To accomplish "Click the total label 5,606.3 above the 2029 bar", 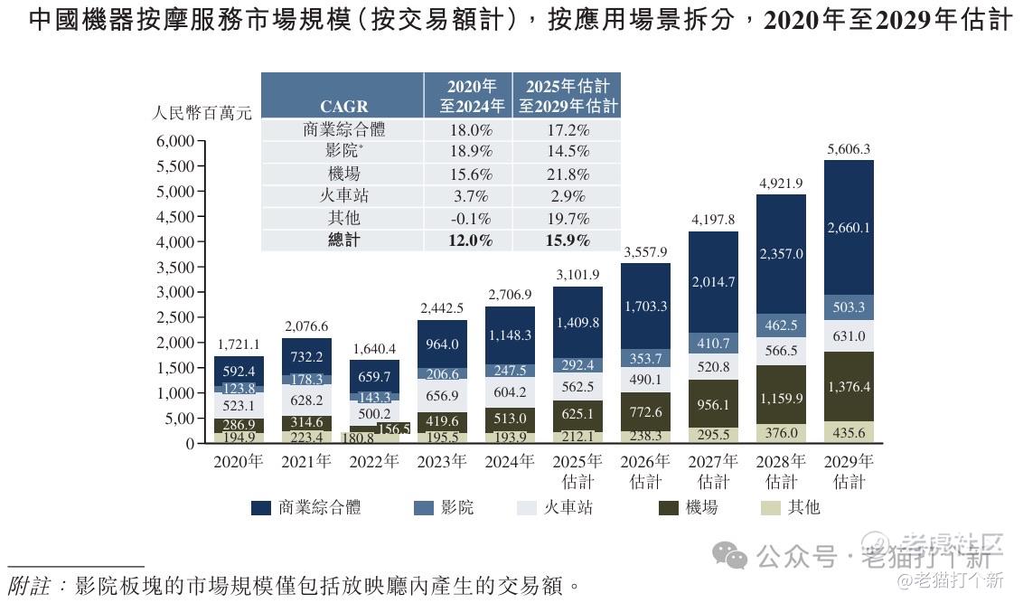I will [x=849, y=149].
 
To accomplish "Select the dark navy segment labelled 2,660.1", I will [x=849, y=228].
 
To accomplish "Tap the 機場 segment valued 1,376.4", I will [x=849, y=386].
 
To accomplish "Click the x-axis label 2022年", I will [x=374, y=462].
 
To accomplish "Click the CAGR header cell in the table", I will [x=343, y=107].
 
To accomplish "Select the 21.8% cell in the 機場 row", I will [x=568, y=174].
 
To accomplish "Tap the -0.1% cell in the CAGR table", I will [x=468, y=219].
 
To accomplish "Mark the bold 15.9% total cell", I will [x=568, y=240].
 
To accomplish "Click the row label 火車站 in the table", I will [x=343, y=196].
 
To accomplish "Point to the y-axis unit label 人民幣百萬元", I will [x=202, y=114].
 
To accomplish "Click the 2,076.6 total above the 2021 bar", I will [x=306, y=326].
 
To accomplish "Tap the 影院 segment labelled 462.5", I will [x=781, y=325].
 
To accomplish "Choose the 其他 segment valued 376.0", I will [x=781, y=432].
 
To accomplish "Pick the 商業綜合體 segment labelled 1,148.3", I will [x=510, y=335].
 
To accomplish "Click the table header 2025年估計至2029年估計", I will [x=568, y=96].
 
